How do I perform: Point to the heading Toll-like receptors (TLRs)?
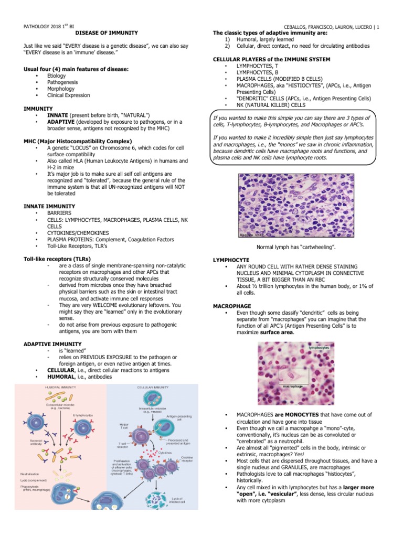coord(57,259)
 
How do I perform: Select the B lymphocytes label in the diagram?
coord(83,414)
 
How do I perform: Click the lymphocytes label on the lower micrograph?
coord(320,348)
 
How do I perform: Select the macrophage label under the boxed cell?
coord(294,386)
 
